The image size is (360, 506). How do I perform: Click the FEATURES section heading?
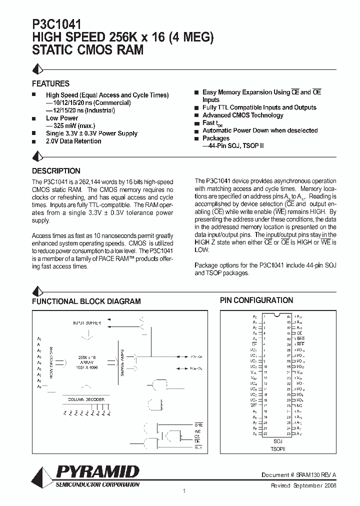tap(50, 83)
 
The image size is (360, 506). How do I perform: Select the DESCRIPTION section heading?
tap(56, 170)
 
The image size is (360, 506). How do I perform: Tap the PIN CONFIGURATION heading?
tap(256, 300)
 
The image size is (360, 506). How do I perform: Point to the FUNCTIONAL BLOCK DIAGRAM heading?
tap(86, 301)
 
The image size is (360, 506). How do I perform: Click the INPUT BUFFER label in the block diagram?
tap(87, 323)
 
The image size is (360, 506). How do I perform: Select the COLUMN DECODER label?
tap(86, 399)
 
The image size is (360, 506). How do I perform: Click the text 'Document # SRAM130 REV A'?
tap(298, 474)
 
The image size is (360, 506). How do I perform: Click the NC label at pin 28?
tap(298, 405)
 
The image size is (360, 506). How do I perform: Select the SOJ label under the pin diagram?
tap(278, 441)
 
